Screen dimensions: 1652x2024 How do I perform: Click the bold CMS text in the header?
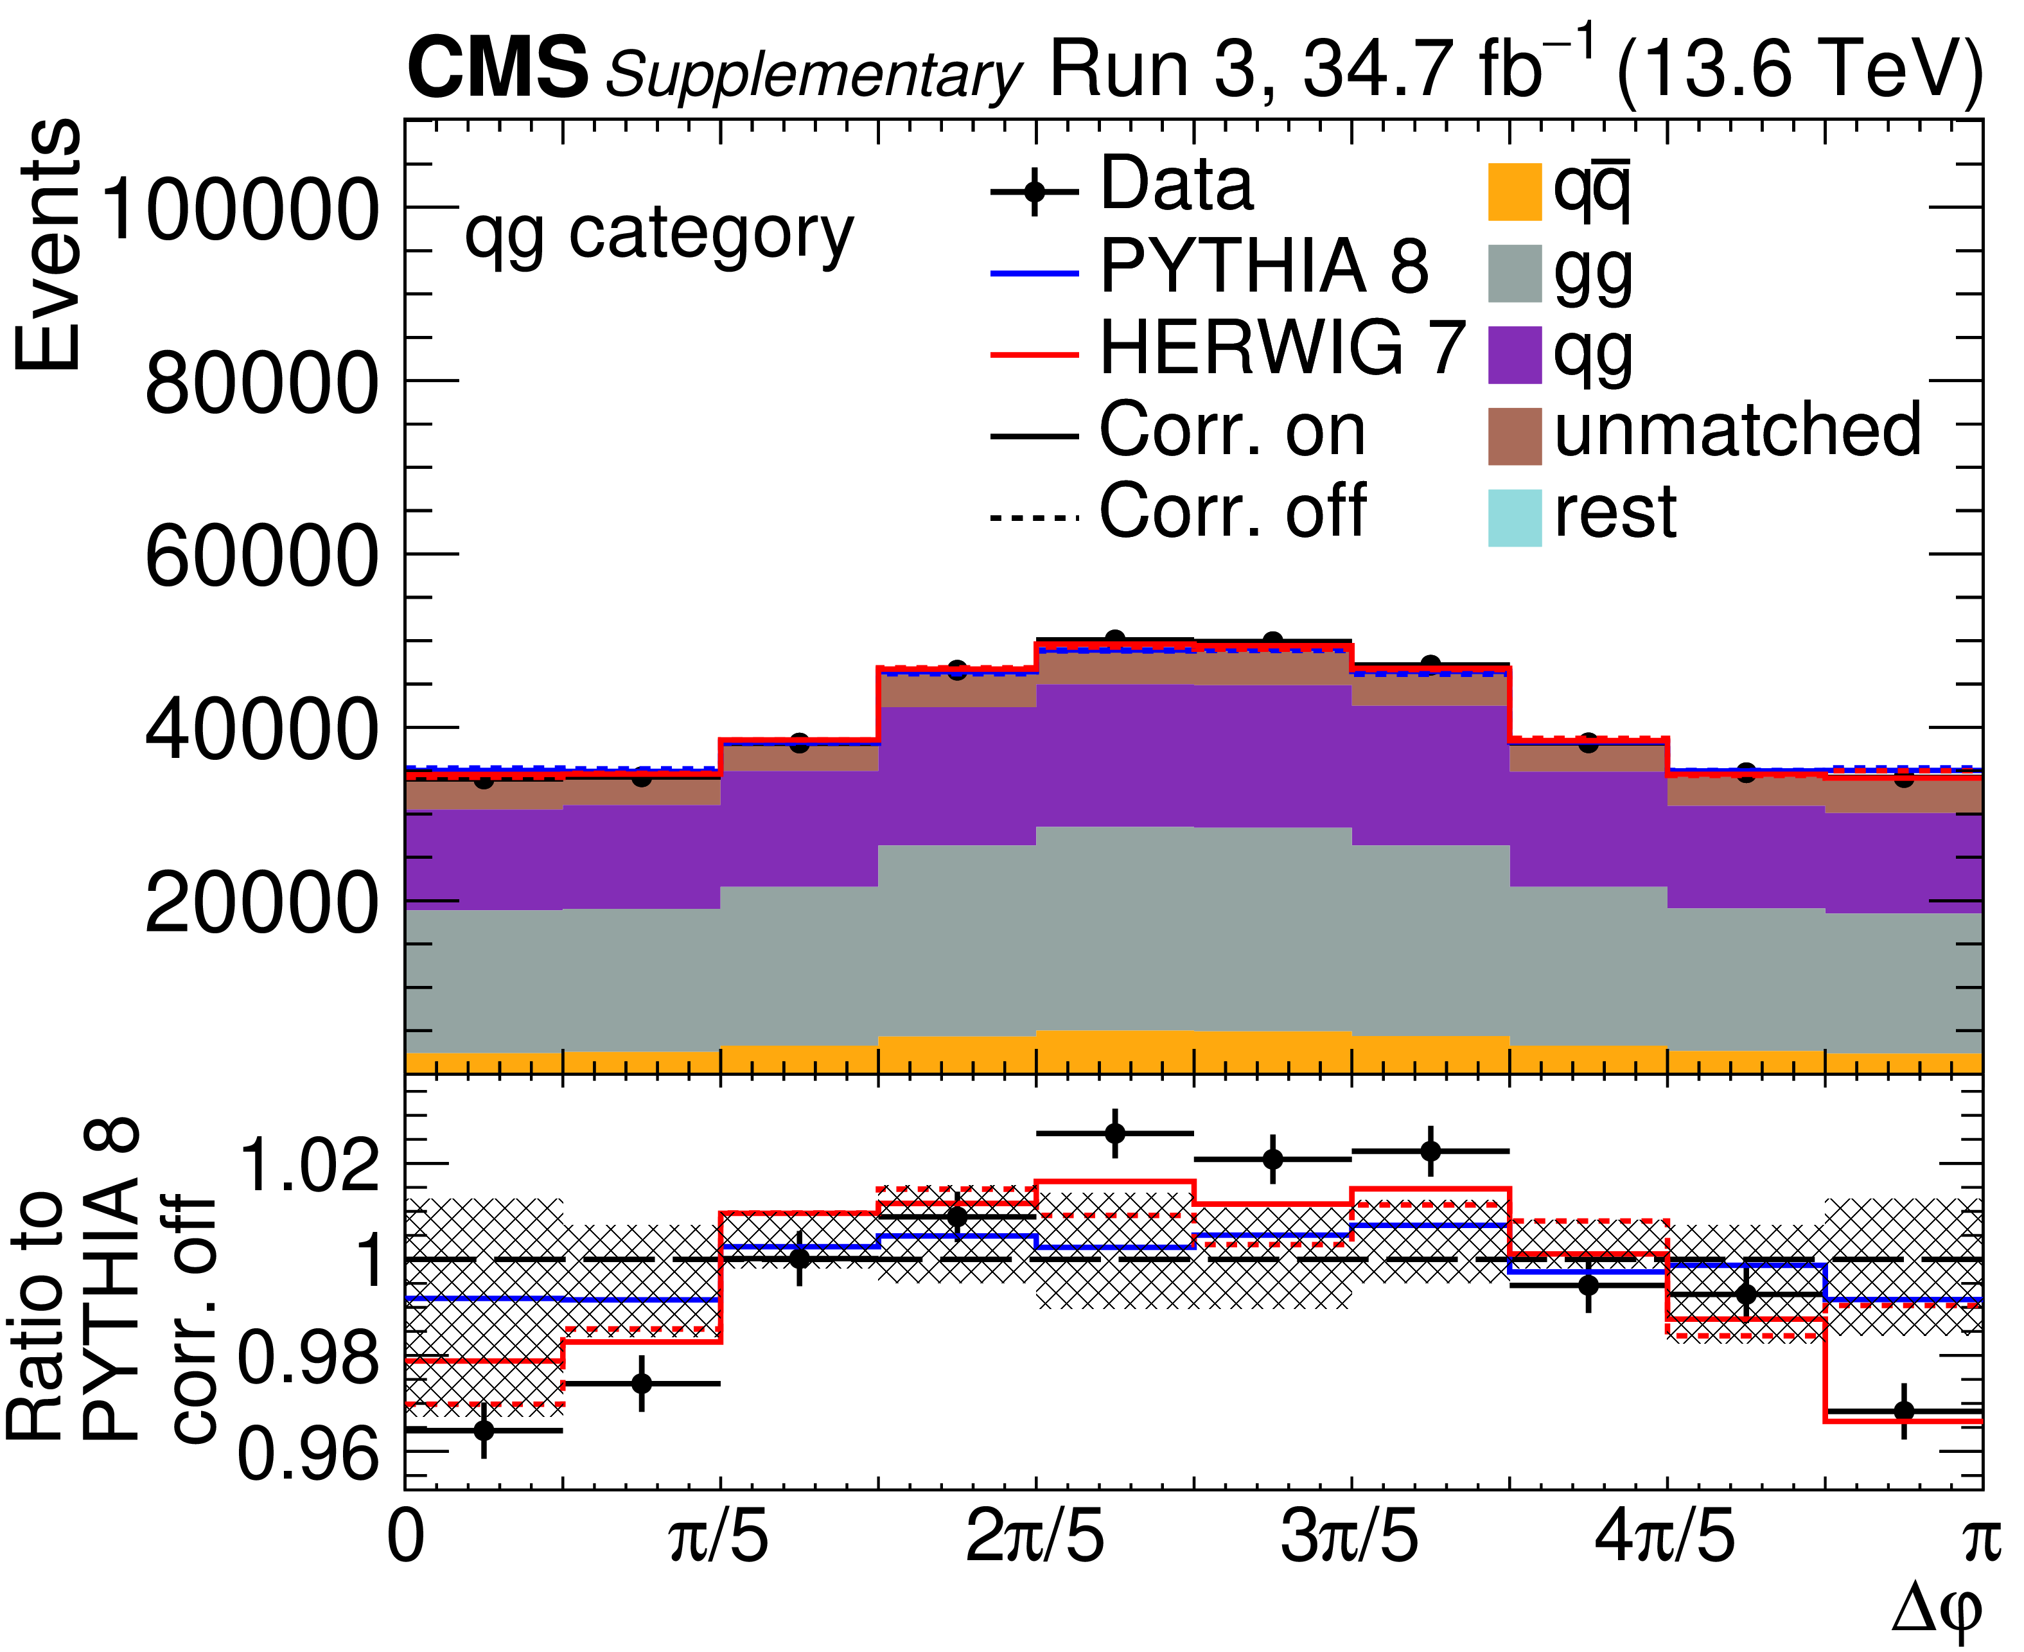pos(498,69)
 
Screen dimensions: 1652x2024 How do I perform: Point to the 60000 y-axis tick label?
pos(261,556)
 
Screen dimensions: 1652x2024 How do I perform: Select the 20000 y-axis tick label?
pos(261,902)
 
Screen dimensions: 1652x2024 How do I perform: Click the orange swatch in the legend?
pos(1514,192)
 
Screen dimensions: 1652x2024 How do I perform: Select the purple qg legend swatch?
pos(1514,356)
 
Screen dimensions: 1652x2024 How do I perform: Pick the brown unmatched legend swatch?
pos(1514,437)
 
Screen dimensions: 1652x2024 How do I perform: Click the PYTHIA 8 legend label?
pos(1263,267)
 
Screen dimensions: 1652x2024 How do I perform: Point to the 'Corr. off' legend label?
pos(1232,512)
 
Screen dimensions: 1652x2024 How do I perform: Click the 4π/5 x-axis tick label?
pos(1666,1540)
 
